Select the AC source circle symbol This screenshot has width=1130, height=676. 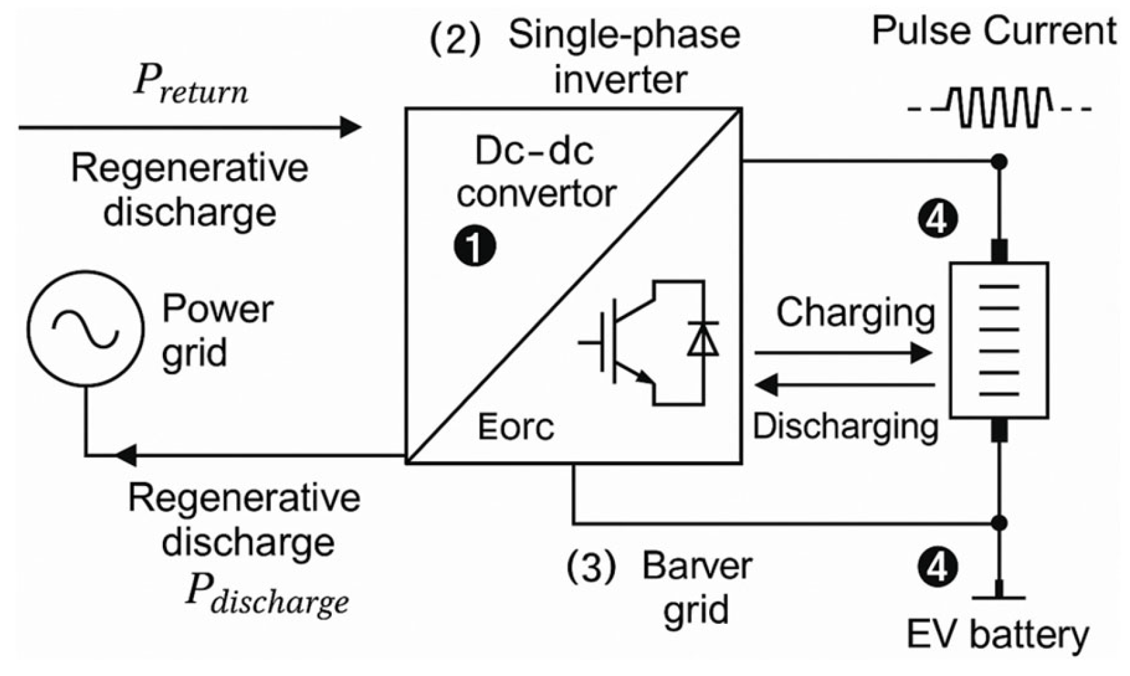click(85, 328)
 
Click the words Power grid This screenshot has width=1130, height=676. click(216, 330)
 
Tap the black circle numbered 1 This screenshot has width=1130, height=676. click(475, 247)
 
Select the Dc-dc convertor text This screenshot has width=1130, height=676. click(536, 173)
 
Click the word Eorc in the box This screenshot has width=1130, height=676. click(515, 427)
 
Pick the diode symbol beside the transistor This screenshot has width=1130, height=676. click(703, 339)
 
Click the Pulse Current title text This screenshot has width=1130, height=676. click(993, 31)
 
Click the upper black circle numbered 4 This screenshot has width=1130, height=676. click(937, 220)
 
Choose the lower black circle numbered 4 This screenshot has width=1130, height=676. click(937, 567)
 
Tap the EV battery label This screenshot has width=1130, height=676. click(997, 634)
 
